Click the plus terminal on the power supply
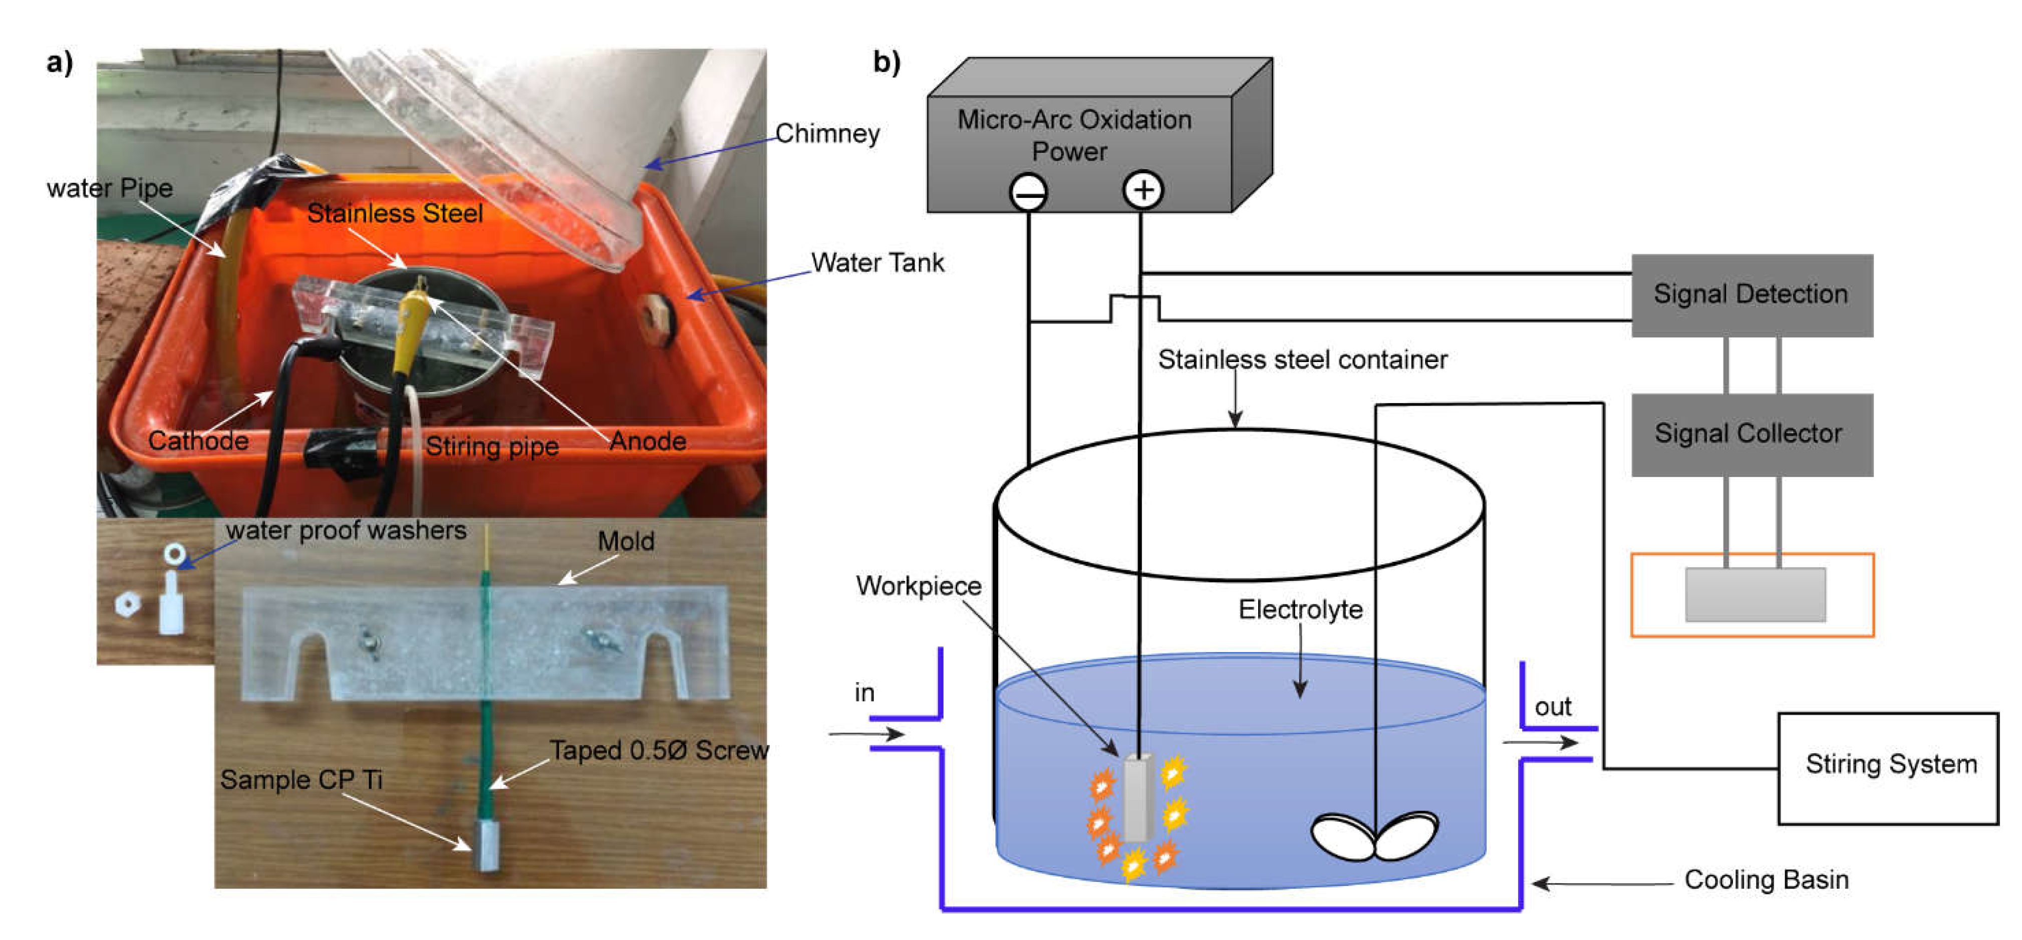(x=1143, y=190)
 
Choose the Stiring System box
(x=1888, y=768)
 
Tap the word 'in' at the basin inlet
(x=864, y=693)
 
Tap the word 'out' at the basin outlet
(x=1553, y=707)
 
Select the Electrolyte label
(x=1301, y=609)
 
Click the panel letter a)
(x=60, y=62)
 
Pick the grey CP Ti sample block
(x=487, y=845)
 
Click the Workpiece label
(x=919, y=586)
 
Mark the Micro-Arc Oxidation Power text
(x=1074, y=135)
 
